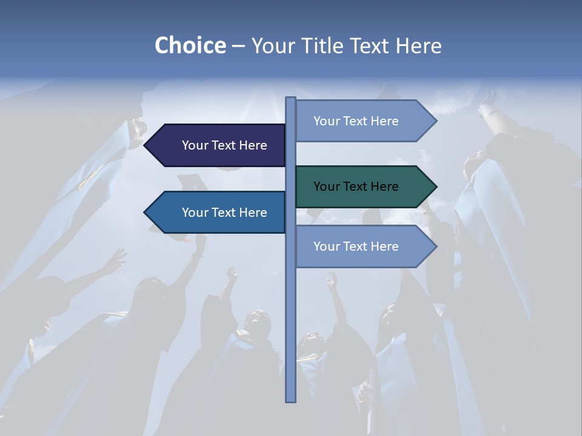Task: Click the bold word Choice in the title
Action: tap(190, 45)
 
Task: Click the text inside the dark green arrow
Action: tap(356, 187)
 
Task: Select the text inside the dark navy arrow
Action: tap(224, 145)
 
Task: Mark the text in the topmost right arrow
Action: tap(356, 121)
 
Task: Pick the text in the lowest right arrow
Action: tap(356, 246)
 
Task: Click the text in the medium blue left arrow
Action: tap(224, 213)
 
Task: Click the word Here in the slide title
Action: tap(418, 45)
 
